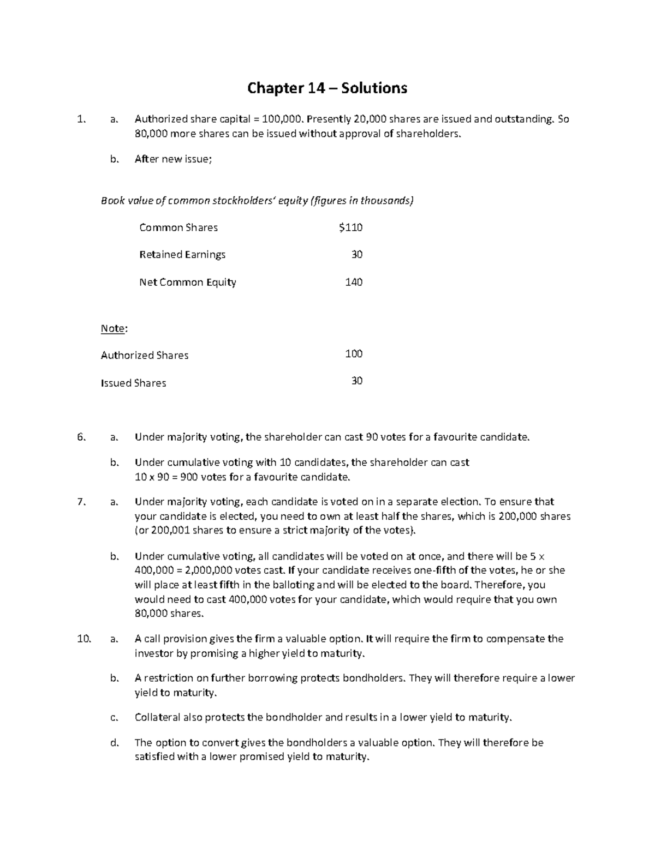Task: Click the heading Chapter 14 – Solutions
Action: point(327,88)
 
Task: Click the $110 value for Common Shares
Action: point(350,227)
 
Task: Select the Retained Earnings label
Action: point(182,255)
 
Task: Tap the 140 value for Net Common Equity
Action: point(354,282)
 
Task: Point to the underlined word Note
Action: point(113,328)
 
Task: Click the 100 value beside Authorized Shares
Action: point(354,354)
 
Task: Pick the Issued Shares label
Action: point(133,383)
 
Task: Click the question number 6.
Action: point(81,437)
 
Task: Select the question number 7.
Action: point(81,502)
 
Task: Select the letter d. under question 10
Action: point(114,743)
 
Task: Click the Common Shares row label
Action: point(178,227)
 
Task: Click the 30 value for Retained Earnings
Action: point(357,255)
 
